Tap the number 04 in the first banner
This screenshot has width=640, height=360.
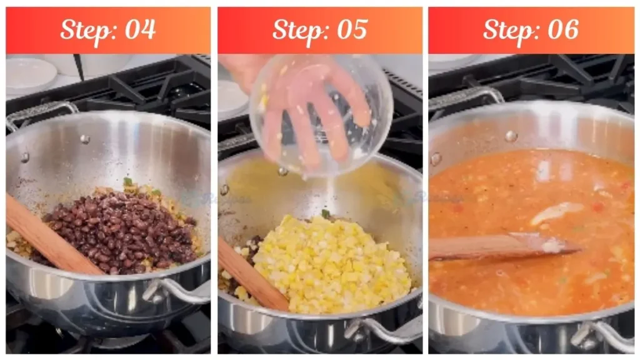coord(139,29)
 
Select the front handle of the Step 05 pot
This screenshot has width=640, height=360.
coord(384,328)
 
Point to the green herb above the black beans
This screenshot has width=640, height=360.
coord(127,182)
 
